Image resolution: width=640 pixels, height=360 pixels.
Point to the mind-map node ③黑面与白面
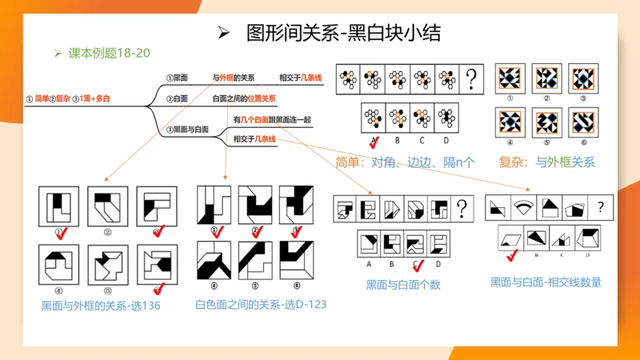point(188,129)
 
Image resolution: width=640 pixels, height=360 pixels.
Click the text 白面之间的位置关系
point(244,98)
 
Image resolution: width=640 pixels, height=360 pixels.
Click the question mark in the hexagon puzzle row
point(473,78)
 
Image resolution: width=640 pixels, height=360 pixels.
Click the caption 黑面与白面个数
point(403,284)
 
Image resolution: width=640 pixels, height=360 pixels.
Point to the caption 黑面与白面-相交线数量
point(546,282)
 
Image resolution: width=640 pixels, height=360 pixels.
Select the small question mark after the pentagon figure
point(600,206)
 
